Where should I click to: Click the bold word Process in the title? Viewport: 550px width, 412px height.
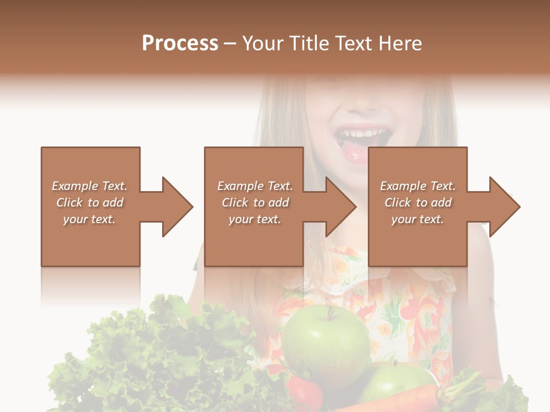tap(180, 43)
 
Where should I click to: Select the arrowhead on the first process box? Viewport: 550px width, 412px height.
tap(175, 207)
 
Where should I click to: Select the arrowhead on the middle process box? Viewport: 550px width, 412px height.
tap(339, 207)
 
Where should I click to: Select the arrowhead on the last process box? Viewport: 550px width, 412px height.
tap(503, 207)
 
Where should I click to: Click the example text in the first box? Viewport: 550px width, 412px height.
tap(89, 203)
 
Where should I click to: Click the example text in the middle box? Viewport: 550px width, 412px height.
tap(255, 203)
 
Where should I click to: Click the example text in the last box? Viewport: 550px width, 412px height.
tap(418, 203)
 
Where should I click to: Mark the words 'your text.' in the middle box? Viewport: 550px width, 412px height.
tap(255, 219)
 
